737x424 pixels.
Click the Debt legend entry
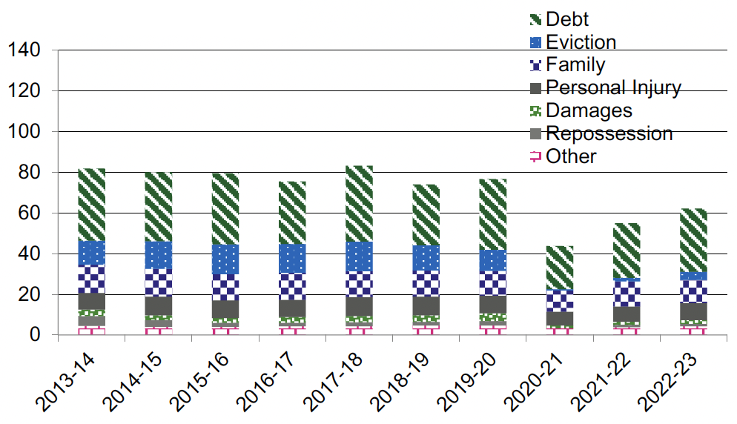point(566,20)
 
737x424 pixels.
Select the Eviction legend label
point(581,42)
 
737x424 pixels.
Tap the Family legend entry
point(575,64)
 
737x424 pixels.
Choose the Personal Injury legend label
point(613,87)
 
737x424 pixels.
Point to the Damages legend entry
point(589,110)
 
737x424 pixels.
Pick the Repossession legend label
point(609,133)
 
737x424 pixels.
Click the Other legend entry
point(571,156)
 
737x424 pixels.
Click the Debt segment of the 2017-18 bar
point(359,204)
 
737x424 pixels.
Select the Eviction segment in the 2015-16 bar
point(225,259)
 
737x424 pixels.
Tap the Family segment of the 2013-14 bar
point(91,280)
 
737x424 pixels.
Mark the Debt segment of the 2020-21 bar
point(560,268)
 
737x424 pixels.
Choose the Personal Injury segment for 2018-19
point(426,305)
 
